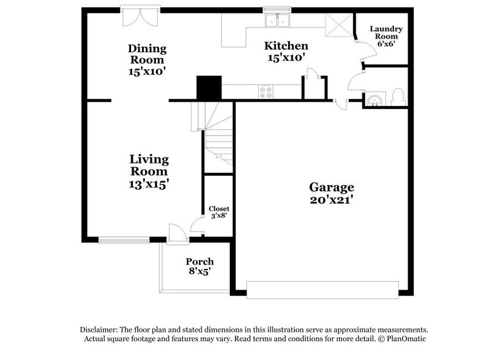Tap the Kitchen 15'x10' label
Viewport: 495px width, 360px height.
tap(285, 51)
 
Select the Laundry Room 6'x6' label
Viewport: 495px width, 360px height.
tap(385, 36)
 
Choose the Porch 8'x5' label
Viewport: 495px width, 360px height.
tap(199, 267)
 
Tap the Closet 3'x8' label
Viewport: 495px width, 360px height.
tap(218, 212)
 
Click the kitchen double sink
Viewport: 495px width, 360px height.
tap(277, 21)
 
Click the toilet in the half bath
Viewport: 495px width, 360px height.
tap(396, 97)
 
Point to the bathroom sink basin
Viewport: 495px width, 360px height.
tap(374, 99)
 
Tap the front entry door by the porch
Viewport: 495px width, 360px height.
tap(177, 231)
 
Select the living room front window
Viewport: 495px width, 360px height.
tap(124, 240)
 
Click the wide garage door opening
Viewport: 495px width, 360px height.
tap(323, 290)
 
